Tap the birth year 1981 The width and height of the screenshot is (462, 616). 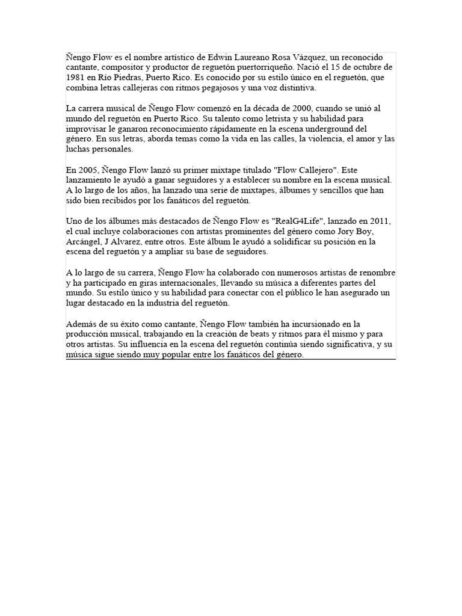[75, 77]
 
